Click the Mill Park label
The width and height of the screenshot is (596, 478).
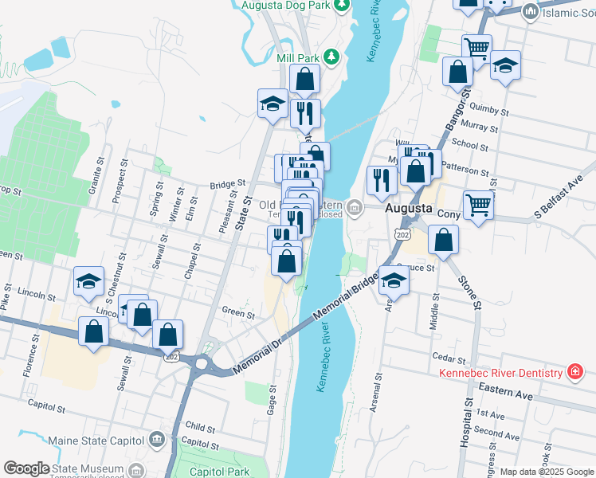tap(297, 58)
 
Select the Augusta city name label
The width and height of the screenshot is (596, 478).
tap(408, 209)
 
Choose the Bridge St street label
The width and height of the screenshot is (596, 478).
tap(225, 185)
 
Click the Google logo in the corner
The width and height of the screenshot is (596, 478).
tap(26, 468)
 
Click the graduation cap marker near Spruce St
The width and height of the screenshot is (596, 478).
tap(393, 280)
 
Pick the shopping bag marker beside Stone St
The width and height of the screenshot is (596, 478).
tap(444, 238)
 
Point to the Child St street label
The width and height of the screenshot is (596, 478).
tap(200, 427)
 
